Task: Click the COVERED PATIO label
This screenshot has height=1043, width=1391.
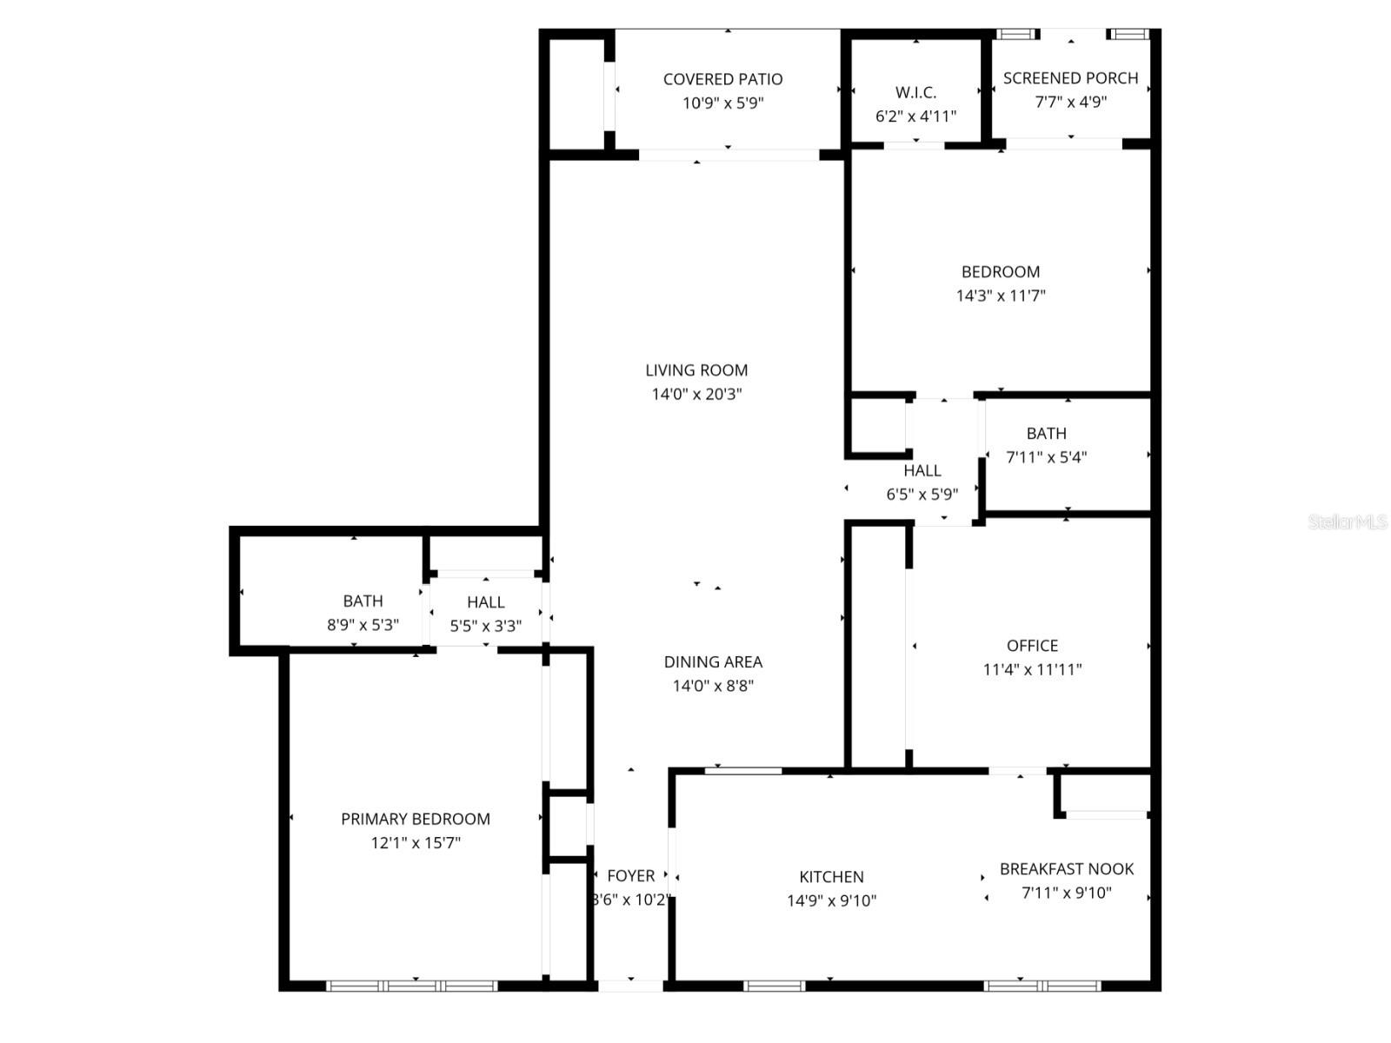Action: click(722, 79)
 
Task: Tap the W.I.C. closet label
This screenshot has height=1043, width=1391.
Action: click(915, 92)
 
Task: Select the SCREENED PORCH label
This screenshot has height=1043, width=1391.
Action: click(1070, 78)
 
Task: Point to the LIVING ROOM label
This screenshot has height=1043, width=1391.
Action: click(696, 370)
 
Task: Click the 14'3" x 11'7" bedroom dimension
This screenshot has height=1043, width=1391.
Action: click(1001, 296)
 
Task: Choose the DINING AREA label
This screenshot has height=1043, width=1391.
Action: click(713, 661)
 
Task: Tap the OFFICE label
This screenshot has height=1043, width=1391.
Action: click(1032, 646)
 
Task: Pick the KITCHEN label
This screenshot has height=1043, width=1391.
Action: click(831, 877)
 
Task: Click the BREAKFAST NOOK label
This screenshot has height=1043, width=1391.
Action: click(1067, 868)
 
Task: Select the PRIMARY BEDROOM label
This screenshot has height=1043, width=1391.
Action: click(416, 819)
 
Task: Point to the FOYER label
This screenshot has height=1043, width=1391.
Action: click(630, 876)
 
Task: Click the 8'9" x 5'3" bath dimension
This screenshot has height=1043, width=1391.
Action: click(363, 625)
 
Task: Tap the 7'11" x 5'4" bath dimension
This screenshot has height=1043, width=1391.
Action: click(1046, 457)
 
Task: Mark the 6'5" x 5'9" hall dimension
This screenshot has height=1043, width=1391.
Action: click(922, 495)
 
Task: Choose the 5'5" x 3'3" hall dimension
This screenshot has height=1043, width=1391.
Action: click(485, 626)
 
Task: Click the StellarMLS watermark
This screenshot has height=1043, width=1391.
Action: click(1347, 522)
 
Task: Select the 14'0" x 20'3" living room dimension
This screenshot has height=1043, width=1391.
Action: click(696, 394)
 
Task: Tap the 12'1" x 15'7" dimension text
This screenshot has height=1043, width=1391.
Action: click(416, 842)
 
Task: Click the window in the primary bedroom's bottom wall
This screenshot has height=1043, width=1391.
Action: click(411, 986)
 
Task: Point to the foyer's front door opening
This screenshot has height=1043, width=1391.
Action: click(631, 985)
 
